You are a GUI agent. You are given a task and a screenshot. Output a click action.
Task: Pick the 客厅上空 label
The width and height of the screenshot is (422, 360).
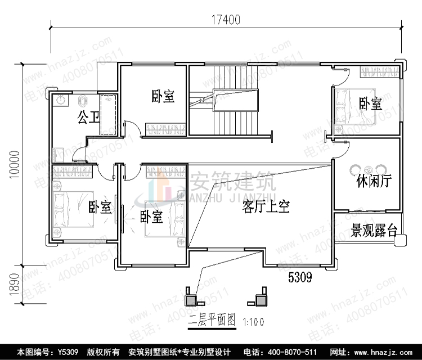pyautogui.click(x=266, y=206)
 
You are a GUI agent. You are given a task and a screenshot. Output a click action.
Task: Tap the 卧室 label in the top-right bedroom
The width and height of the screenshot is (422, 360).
pyautogui.click(x=370, y=103)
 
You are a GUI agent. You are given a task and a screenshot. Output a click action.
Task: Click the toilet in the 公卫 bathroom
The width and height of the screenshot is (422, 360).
pyautogui.click(x=83, y=100)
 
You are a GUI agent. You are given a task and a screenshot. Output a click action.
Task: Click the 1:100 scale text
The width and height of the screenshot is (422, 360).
pyautogui.click(x=253, y=322)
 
